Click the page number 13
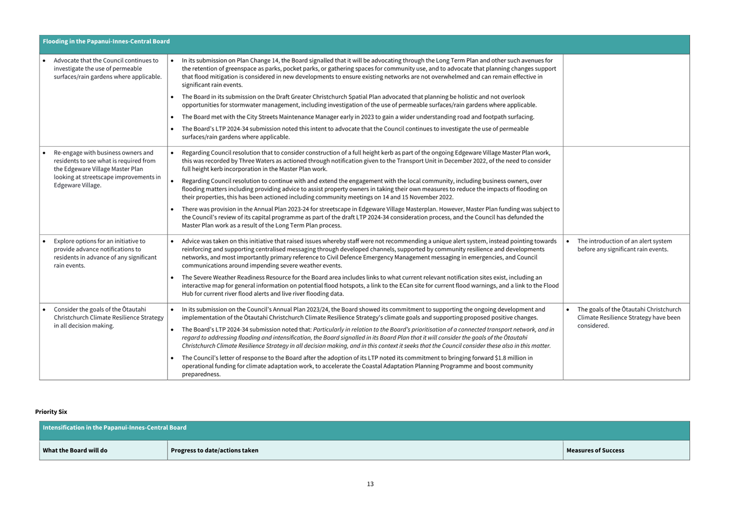tap(370, 484)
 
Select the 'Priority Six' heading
tap(51, 411)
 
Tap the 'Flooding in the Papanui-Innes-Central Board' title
tap(106, 41)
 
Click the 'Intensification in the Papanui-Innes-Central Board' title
tap(115, 428)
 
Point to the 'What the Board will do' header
tap(75, 450)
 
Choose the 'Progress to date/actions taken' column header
tap(215, 450)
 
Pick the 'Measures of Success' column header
tap(595, 450)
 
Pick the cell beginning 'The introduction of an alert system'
tap(624, 245)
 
